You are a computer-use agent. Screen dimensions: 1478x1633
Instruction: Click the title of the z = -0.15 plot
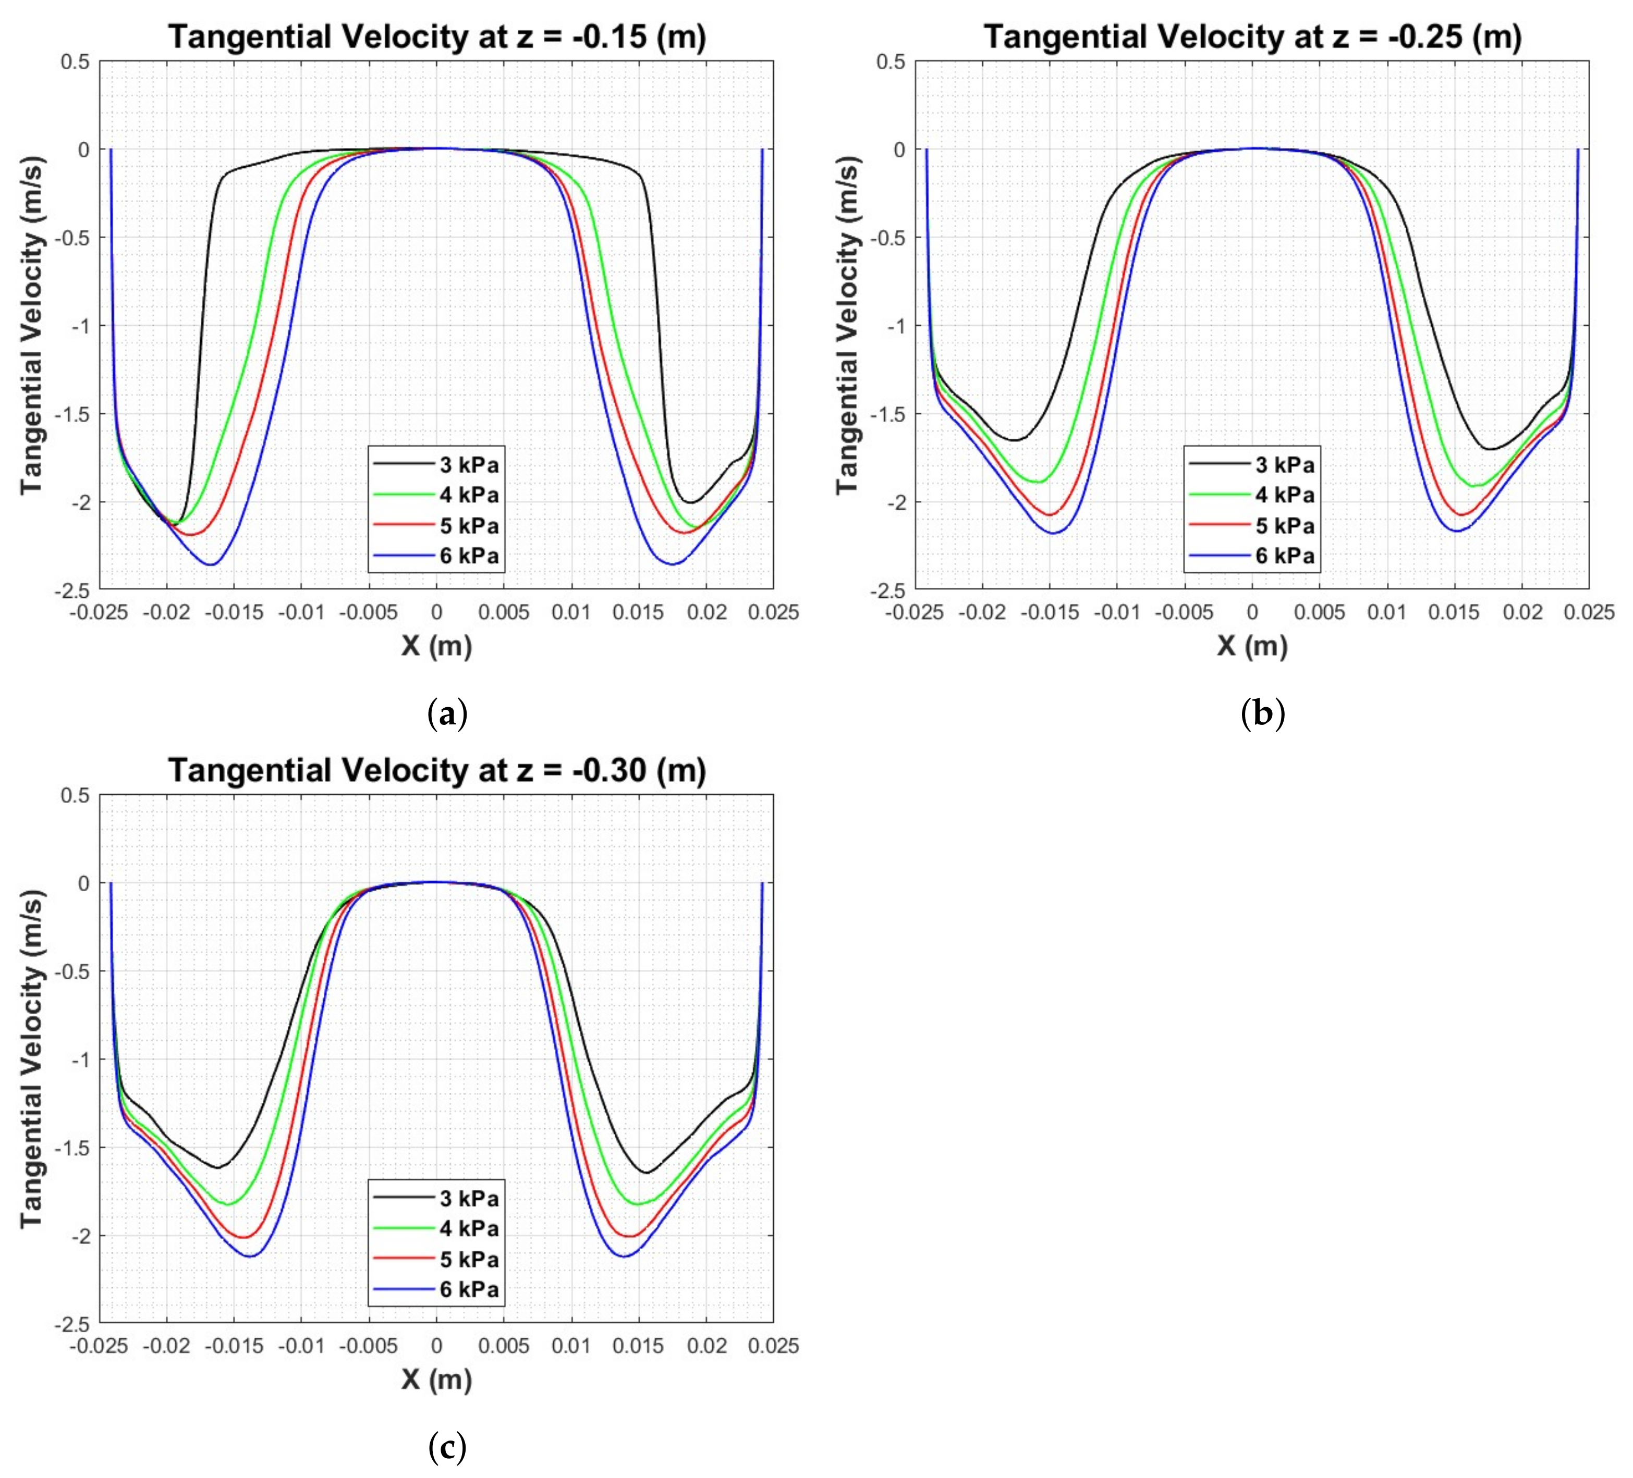(436, 37)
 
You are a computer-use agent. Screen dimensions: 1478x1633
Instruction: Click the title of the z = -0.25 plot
(1252, 37)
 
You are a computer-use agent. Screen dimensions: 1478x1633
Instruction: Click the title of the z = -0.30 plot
(436, 770)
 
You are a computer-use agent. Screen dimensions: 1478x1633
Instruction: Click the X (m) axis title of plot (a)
(436, 646)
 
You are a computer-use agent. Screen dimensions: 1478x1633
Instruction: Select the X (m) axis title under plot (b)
(1252, 646)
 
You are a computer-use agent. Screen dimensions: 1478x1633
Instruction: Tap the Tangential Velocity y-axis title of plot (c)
(32, 1058)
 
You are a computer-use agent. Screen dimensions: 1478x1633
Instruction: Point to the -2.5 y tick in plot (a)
(73, 590)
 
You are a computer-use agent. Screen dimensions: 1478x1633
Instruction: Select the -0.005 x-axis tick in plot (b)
(1184, 612)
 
